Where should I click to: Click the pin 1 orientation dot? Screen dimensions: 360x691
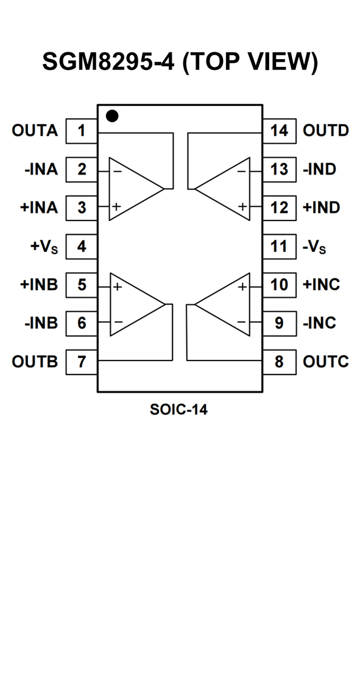pos(113,116)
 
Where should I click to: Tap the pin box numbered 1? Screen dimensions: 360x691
pos(82,131)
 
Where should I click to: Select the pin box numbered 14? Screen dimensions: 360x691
pos(279,131)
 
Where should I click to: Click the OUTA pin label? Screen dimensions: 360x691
pos(35,131)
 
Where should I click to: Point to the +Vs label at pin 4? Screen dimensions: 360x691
pos(44,247)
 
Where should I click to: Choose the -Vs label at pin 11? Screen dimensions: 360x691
pos(314,247)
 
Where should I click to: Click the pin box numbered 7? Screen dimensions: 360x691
pos(82,362)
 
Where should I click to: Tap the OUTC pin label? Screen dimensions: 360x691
pos(326,362)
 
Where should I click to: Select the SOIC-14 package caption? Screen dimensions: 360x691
pos(178,410)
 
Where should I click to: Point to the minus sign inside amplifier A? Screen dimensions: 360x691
pos(118,171)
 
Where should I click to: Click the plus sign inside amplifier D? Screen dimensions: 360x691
pos(242,206)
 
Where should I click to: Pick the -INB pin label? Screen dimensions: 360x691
pos(41,323)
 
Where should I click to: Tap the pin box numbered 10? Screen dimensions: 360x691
pos(279,285)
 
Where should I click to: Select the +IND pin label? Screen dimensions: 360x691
pos(321,208)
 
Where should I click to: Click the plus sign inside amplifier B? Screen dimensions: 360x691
pos(118,287)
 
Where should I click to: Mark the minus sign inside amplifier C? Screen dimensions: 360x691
pos(242,321)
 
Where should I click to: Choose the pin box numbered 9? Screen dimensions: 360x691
pos(279,323)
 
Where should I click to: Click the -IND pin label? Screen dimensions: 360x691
pos(320,169)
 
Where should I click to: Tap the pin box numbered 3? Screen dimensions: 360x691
pos(82,208)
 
